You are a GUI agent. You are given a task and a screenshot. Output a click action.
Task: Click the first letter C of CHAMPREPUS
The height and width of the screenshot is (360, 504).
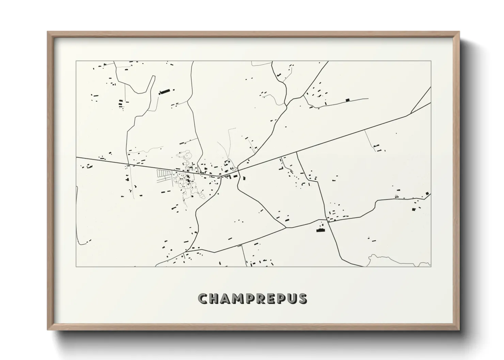pos(203,299)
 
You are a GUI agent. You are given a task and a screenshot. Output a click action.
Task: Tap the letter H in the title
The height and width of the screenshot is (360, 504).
pos(215,299)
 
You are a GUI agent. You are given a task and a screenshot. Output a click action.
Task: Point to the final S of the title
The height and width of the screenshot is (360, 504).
pos(302,299)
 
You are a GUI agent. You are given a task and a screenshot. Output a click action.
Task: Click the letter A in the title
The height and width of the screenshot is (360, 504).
pos(227,299)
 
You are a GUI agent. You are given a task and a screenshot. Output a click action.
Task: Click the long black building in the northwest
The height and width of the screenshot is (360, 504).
pos(165,91)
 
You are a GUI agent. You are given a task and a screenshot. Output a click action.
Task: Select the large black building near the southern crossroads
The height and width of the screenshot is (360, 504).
pos(320,230)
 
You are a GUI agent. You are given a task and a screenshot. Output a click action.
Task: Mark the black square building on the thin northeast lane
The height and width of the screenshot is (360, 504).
pos(347,100)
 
